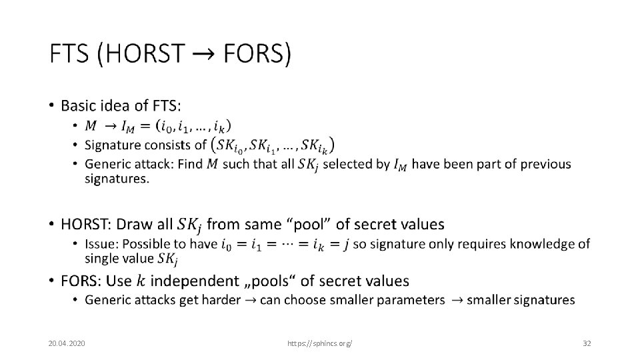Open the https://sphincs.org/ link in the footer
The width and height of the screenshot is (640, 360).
319,343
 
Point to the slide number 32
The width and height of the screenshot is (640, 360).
587,343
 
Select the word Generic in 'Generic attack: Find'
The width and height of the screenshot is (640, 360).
107,164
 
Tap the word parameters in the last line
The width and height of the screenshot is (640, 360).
411,300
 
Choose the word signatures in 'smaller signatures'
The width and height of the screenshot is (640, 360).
540,300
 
